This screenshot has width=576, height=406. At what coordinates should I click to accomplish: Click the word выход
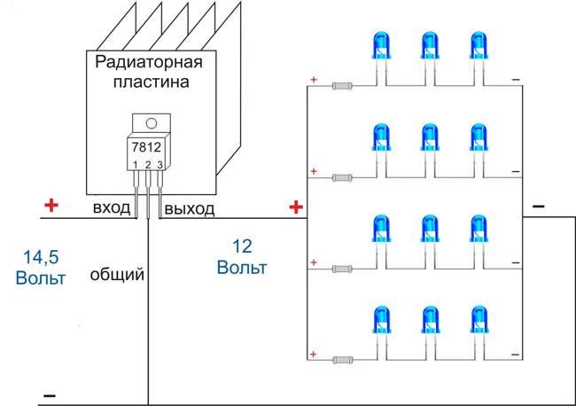[x=189, y=208]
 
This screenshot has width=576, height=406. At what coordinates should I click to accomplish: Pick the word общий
[x=117, y=275]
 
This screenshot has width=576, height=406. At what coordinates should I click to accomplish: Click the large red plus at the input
[x=51, y=206]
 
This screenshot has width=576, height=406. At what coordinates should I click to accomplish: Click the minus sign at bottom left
[x=50, y=394]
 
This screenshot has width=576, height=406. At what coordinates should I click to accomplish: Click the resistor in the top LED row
[x=345, y=87]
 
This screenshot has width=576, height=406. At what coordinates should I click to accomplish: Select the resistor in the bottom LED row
[x=345, y=360]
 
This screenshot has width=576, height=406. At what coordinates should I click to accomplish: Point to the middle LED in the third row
[x=431, y=231]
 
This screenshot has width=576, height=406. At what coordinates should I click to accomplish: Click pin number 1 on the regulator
[x=135, y=165]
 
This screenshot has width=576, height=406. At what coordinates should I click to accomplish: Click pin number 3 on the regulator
[x=160, y=165]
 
